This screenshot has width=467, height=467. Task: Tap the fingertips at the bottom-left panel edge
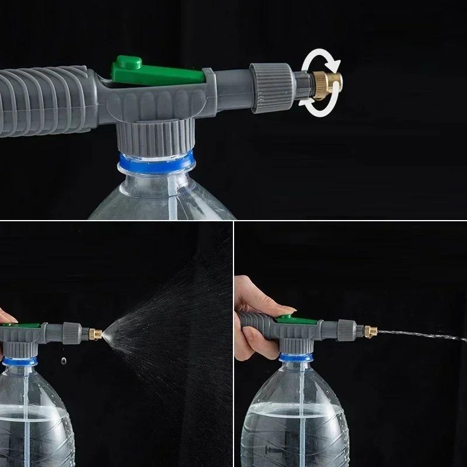[x=3, y=316]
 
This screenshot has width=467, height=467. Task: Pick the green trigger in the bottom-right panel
[x=286, y=318]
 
